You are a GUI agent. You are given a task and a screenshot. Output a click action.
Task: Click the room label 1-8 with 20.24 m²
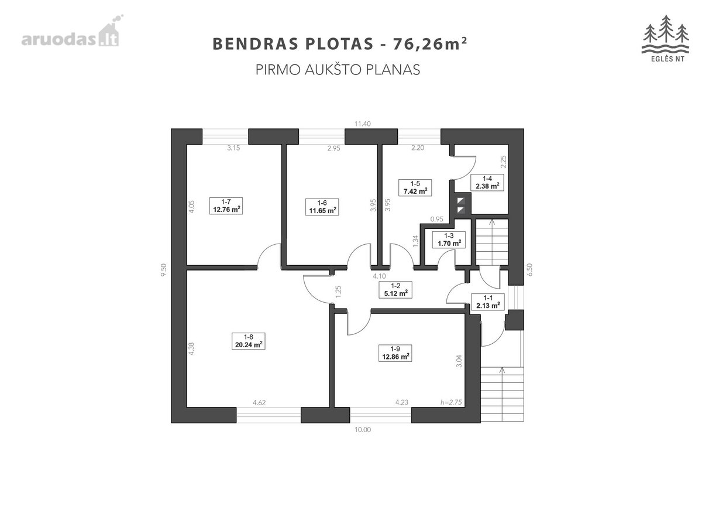pos(248,341)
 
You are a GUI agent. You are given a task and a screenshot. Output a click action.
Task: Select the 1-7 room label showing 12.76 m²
pos(226,206)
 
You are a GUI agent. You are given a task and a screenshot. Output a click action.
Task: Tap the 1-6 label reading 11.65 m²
pos(322,207)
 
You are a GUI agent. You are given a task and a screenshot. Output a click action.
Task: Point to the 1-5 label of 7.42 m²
pos(415,187)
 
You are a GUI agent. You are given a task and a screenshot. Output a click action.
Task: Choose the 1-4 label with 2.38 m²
pos(487,182)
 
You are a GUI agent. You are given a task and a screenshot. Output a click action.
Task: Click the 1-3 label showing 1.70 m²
pos(449,239)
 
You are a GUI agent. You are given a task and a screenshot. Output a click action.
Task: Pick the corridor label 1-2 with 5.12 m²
pos(395,290)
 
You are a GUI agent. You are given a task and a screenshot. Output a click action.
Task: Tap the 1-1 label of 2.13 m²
pos(488,302)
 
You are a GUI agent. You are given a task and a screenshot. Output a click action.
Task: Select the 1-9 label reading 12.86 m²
pos(395,353)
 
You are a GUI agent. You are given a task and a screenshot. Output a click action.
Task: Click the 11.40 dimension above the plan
pos(362,124)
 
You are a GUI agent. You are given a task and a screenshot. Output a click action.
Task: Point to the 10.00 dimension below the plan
pos(363,430)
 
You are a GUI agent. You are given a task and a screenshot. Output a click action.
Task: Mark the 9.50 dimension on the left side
pos(164,269)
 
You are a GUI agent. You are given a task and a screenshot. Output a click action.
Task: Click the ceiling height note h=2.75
pos(451,402)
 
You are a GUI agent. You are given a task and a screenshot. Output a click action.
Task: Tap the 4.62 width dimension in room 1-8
pos(259,402)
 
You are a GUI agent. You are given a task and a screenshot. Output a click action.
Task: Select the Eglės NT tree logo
pos(665,38)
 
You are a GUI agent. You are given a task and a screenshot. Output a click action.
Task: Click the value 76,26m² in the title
pos(430,43)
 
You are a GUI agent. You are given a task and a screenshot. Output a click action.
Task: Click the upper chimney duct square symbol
pos(461,201)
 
